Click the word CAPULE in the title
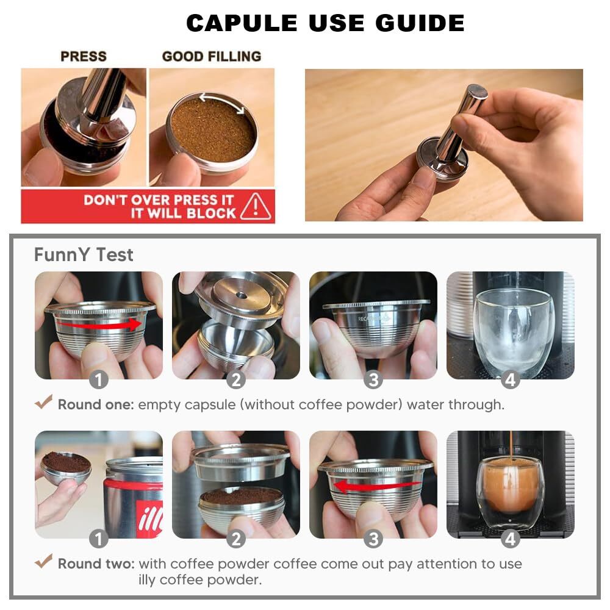point(242,23)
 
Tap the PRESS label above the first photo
point(83,56)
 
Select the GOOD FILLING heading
point(212,56)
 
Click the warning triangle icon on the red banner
point(255,206)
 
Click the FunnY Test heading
point(84,255)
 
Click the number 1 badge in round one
point(98,379)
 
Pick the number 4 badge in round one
point(511,379)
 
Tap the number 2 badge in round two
point(235,539)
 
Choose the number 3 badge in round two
point(373,539)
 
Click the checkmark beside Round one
point(43,401)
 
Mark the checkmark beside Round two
point(43,561)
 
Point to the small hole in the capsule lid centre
point(242,296)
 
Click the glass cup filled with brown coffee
point(509,493)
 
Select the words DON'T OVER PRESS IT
point(159,200)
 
